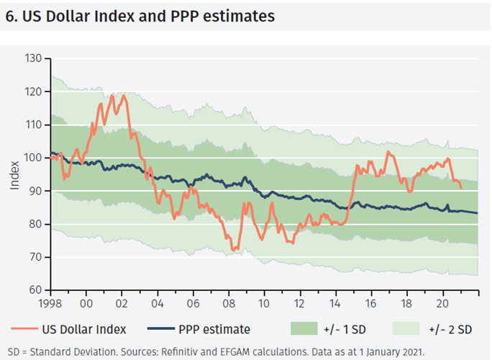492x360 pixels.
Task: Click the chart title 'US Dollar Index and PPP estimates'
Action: click(x=147, y=15)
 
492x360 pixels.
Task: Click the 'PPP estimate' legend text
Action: click(x=215, y=329)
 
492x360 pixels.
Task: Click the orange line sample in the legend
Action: click(x=24, y=329)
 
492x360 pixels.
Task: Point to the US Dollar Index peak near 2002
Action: click(x=123, y=95)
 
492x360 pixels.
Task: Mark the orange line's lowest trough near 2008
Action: click(x=233, y=250)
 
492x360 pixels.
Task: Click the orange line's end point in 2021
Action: click(x=461, y=188)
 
